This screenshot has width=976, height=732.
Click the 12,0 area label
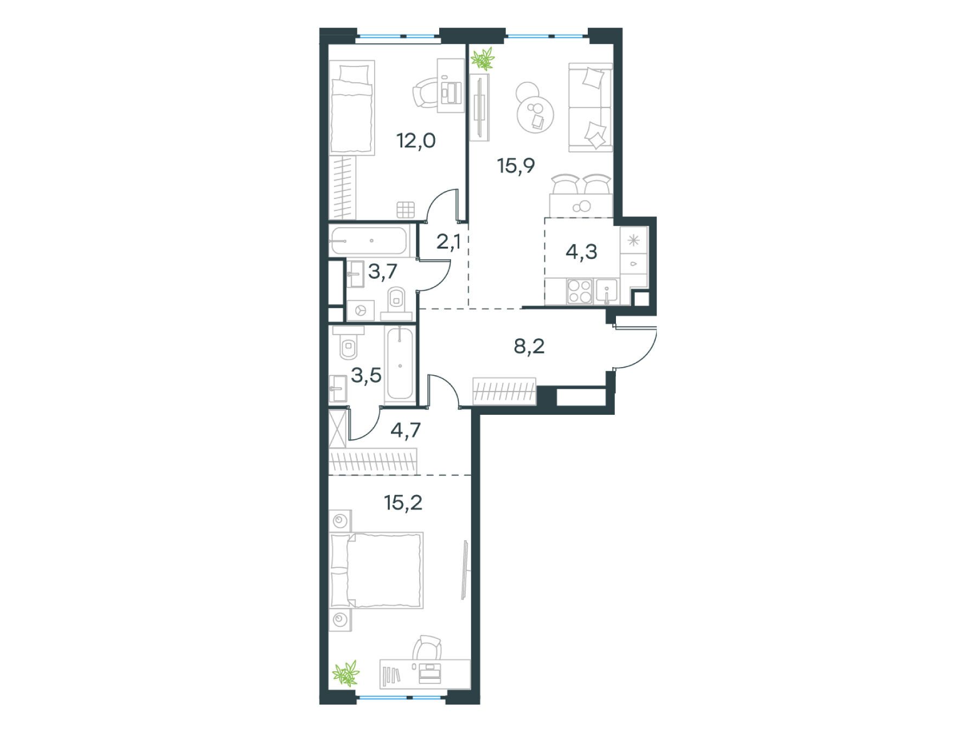[416, 141]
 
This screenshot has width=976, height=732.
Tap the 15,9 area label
[516, 165]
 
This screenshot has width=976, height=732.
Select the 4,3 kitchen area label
[581, 252]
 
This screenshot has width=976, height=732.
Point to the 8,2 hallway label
[529, 346]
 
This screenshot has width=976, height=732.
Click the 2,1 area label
[448, 242]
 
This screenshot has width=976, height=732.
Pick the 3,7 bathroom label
[383, 272]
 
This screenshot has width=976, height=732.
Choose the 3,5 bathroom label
[366, 375]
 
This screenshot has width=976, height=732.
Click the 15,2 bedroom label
[403, 503]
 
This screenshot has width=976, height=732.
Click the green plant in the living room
[483, 59]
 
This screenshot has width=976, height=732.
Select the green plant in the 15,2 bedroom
[346, 674]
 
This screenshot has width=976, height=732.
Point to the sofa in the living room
[590, 107]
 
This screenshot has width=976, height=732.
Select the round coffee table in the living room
[535, 113]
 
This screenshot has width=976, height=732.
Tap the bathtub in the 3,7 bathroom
[368, 240]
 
